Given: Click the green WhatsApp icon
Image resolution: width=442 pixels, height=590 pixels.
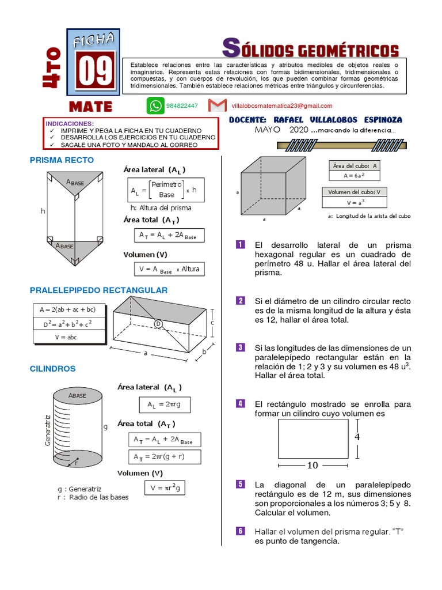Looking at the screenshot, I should pos(155,105).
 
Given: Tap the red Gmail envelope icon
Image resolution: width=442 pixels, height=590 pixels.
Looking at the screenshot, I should pos(217,105).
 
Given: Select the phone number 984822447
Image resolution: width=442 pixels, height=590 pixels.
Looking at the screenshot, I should pos(182,106).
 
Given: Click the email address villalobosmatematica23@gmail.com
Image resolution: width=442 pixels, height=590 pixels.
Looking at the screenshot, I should pos(281,106).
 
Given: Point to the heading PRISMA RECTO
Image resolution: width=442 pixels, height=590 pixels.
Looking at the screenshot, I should pos(62,160).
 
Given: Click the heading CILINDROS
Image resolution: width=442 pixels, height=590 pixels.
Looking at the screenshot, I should pos(53,368).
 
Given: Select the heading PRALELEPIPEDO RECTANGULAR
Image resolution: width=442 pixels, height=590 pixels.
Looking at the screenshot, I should pos(98,290).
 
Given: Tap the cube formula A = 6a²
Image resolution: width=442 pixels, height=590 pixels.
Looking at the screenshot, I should pos(353,176).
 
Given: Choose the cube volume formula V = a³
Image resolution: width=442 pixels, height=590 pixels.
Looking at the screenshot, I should pos(355,202).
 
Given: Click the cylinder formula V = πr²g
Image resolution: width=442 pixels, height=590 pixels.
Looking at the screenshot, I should pos(165,488).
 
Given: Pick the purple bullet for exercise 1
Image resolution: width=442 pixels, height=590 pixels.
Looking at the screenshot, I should pos(241,245).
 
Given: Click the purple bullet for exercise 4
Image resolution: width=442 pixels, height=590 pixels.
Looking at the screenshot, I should pos(241,403).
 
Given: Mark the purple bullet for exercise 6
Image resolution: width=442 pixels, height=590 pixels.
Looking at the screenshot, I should pos(241,531).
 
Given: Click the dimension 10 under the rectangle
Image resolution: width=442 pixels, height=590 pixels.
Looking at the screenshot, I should pos(313,465).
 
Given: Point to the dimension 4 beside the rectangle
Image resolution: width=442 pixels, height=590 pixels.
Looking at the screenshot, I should pos(357,437).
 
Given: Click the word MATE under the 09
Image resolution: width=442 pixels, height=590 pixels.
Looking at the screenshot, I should pos(91,107).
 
